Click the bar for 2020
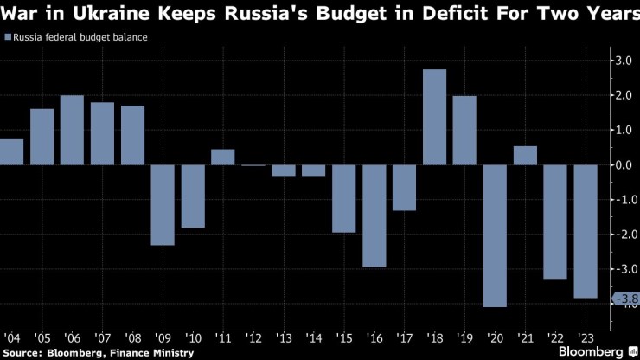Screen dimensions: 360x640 pyautogui.click(x=495, y=235)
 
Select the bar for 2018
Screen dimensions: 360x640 pyautogui.click(x=434, y=117)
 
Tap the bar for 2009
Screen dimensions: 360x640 pyautogui.click(x=163, y=204)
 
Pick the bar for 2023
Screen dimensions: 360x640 pyautogui.click(x=586, y=231)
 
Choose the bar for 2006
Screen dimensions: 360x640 pyautogui.click(x=72, y=130)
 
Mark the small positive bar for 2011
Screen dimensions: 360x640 pyautogui.click(x=223, y=157)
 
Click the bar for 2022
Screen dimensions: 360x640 pyautogui.click(x=555, y=222)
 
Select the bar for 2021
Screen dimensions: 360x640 pyautogui.click(x=525, y=155)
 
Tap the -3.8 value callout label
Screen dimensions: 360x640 pyautogui.click(x=626, y=299)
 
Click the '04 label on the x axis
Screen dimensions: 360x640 pyautogui.click(x=13, y=337)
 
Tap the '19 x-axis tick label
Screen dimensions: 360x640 pyautogui.click(x=465, y=337)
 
